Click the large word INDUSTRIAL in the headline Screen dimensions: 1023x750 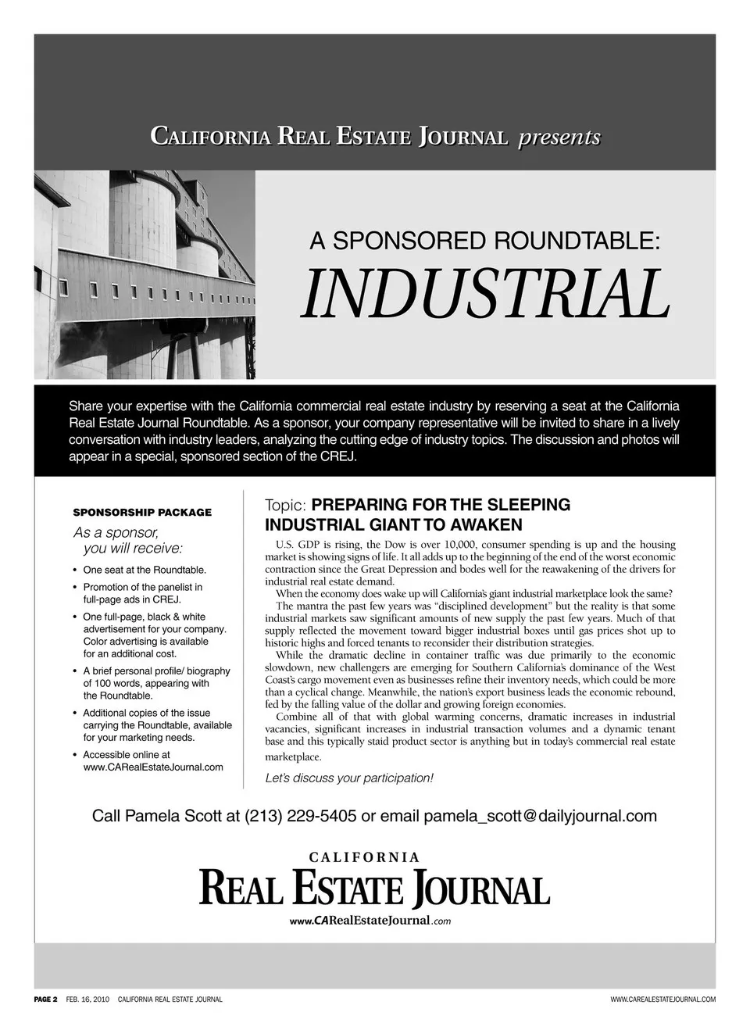[x=485, y=295]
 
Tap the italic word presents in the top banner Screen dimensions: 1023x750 [x=559, y=138]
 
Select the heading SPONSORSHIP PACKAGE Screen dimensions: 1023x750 [x=142, y=513]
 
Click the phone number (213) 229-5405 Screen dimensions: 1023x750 [x=300, y=817]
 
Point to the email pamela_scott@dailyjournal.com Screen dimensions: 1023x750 [x=540, y=817]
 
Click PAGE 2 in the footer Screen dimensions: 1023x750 [x=45, y=1000]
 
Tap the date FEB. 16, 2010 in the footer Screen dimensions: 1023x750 [x=87, y=1000]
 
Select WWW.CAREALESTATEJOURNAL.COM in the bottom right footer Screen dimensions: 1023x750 [x=662, y=1000]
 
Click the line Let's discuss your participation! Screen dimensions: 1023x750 [x=348, y=778]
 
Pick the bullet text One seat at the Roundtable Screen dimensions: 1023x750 [x=145, y=571]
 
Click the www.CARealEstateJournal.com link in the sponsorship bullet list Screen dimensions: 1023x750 [x=153, y=767]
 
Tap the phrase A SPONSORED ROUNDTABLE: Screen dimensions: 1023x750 [x=485, y=241]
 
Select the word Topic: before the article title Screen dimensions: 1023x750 [x=286, y=505]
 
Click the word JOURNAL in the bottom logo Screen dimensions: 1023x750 [x=481, y=890]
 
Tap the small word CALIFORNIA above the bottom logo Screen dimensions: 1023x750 [x=359, y=857]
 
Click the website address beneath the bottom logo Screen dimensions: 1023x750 [x=370, y=921]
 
